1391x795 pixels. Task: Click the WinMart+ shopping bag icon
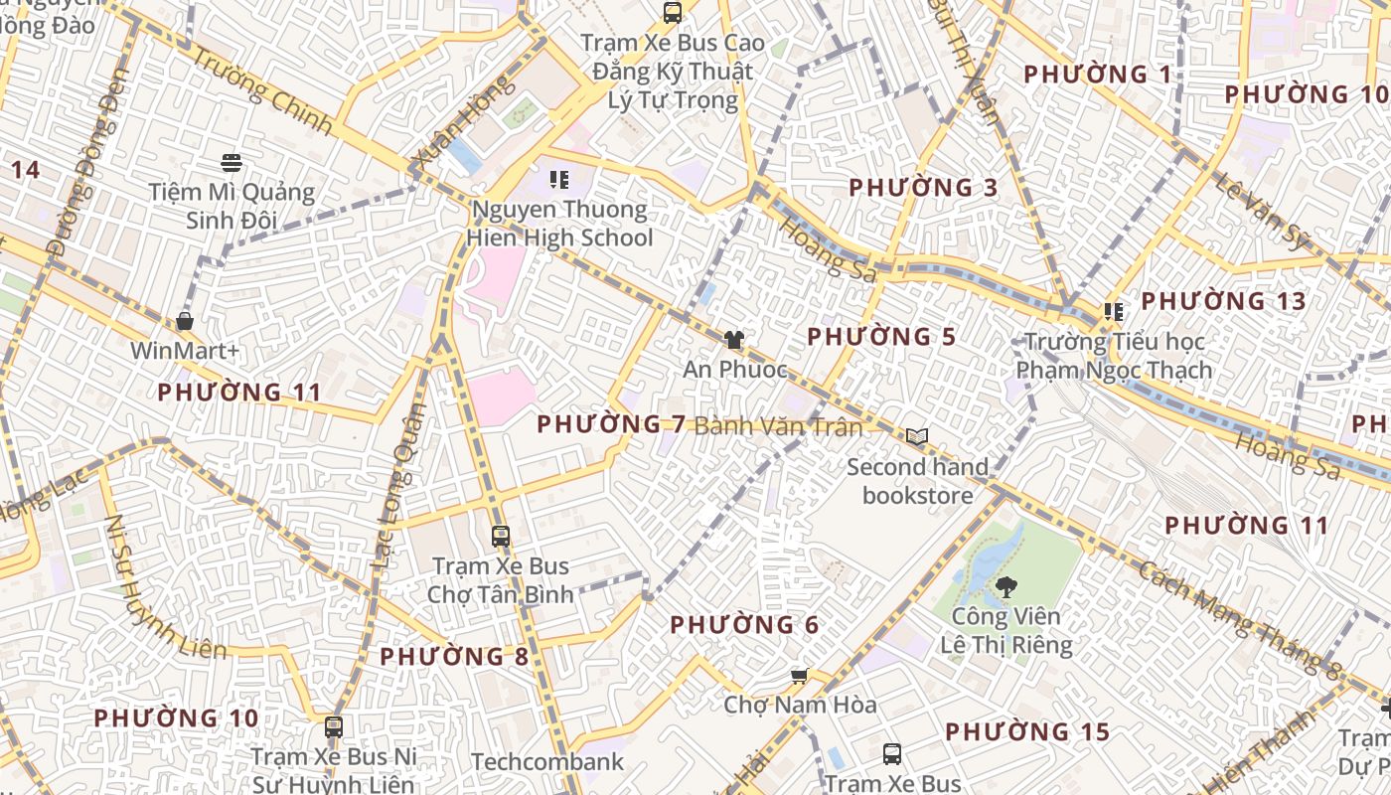coord(185,321)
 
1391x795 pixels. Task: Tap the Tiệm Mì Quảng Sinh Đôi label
coord(232,206)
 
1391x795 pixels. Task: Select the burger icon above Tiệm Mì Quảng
coord(232,162)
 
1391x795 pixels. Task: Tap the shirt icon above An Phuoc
coord(734,340)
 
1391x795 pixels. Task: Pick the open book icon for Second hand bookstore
coord(917,436)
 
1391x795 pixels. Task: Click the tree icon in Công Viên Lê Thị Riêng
coord(1005,586)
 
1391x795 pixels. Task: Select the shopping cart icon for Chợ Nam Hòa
coord(799,676)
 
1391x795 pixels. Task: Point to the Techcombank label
coord(547,762)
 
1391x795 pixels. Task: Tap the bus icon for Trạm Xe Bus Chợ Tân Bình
coord(501,537)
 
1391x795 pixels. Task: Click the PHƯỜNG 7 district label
coord(611,424)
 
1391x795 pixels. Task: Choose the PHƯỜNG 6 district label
coord(744,625)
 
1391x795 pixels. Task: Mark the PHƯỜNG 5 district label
coord(881,337)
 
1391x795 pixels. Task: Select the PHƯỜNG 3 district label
coord(923,188)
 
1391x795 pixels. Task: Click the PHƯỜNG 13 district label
coord(1223,301)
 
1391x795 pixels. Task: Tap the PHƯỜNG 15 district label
coord(1026,732)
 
